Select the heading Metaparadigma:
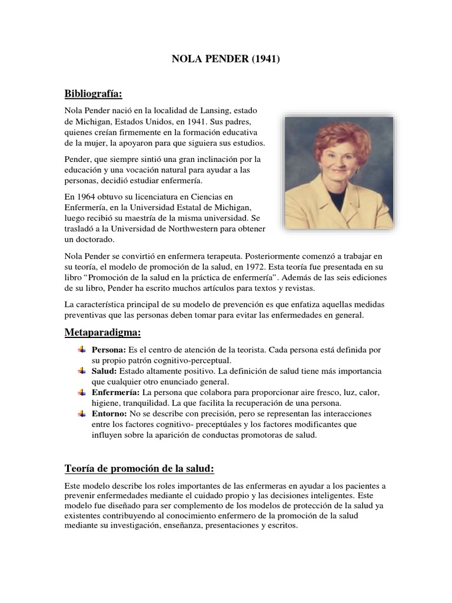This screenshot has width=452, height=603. [103, 333]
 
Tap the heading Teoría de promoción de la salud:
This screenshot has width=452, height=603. [138, 469]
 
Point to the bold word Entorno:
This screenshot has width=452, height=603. [109, 414]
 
